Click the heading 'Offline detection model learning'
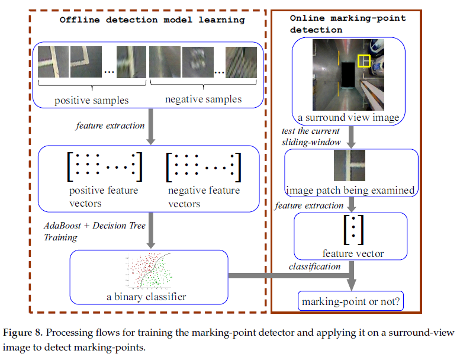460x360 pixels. click(152, 20)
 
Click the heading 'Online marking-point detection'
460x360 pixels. click(348, 24)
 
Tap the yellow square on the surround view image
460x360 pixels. click(364, 61)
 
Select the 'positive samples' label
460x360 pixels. click(91, 100)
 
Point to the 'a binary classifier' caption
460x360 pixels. click(145, 297)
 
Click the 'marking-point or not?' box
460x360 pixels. click(352, 302)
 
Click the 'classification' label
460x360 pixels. click(314, 266)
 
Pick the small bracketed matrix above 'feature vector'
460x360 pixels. click(353, 230)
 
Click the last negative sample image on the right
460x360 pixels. click(241, 63)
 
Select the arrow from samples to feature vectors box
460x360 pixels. click(150, 130)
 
